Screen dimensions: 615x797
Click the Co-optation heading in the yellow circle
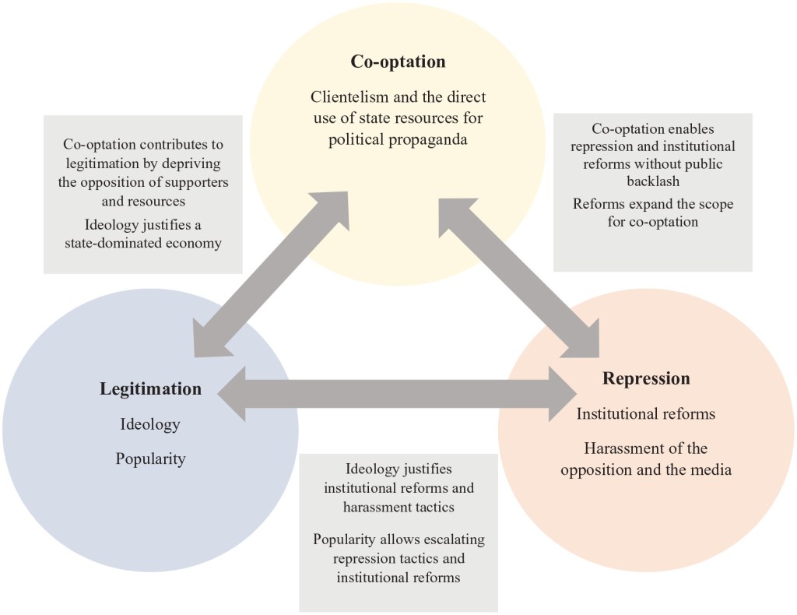point(398,61)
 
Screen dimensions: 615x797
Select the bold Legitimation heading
point(150,388)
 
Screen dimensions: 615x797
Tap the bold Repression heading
point(646,379)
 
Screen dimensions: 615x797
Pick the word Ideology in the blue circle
point(150,424)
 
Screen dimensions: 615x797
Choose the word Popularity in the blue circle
point(150,459)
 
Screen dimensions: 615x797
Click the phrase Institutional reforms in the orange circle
point(645,414)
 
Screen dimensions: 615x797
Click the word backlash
point(652,181)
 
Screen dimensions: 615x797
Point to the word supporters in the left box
point(202,181)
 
